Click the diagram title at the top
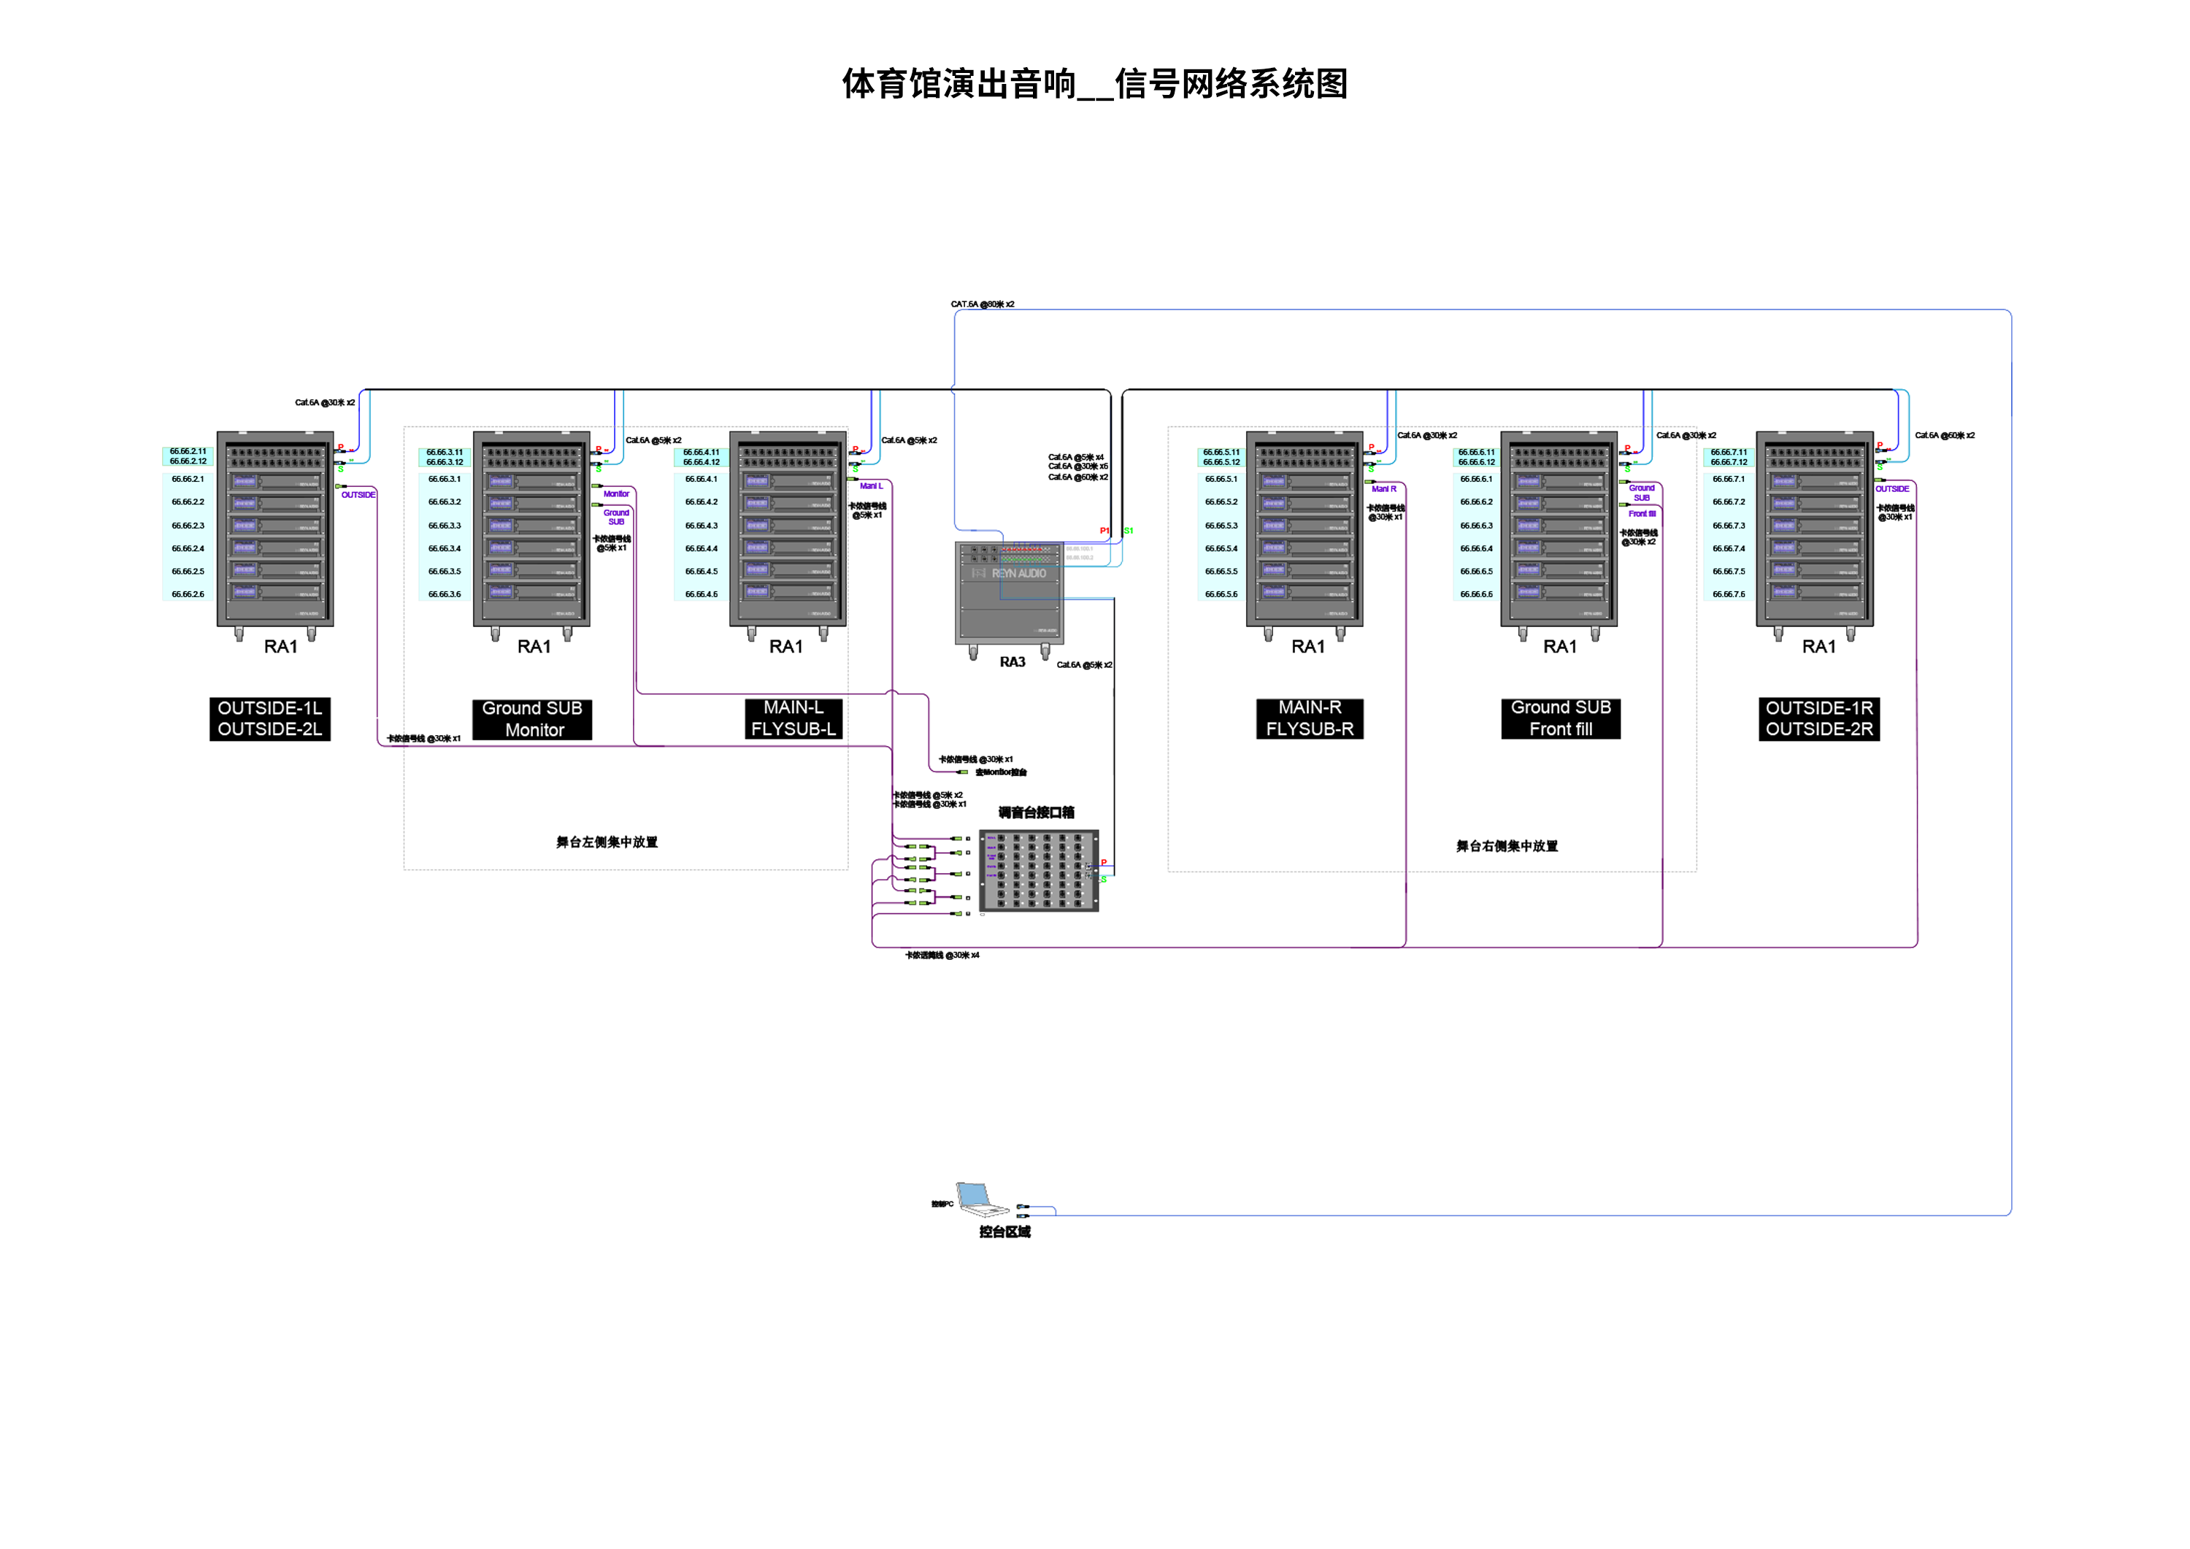pos(1094,84)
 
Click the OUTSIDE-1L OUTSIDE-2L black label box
pos(270,719)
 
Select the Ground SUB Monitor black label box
pos(532,719)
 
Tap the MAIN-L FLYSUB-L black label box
pos(793,718)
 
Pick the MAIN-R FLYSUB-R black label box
pos(1310,718)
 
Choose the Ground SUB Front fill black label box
pos(1561,718)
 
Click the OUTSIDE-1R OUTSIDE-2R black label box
pos(1819,719)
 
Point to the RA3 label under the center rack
pos(1012,662)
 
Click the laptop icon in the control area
pos(980,1200)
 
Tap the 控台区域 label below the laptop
pos(1004,1232)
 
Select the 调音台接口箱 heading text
pos(1036,812)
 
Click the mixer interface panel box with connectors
pos(1039,871)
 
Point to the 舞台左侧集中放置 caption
pos(607,842)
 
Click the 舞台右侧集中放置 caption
pos(1506,846)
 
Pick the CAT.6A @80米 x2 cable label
pos(983,304)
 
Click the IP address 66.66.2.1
pos(188,479)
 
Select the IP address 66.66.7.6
pos(1729,594)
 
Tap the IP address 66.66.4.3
pos(701,526)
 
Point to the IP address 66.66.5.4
pos(1221,548)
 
